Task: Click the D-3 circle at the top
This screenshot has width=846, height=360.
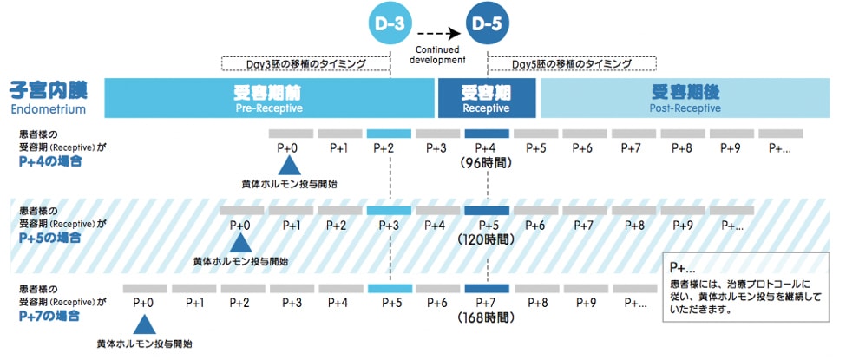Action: tap(390, 25)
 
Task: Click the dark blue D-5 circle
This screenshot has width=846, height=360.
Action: tap(487, 25)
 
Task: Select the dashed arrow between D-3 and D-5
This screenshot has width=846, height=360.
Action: tap(438, 36)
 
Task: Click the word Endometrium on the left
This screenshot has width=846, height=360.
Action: tap(49, 110)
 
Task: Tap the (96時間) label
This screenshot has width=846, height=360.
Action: tap(487, 163)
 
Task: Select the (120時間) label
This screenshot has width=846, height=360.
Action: tap(487, 240)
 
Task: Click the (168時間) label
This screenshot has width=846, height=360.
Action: tap(487, 317)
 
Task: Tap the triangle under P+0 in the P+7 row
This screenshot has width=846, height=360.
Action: tap(144, 324)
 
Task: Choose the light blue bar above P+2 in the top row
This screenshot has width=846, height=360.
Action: tap(389, 134)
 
